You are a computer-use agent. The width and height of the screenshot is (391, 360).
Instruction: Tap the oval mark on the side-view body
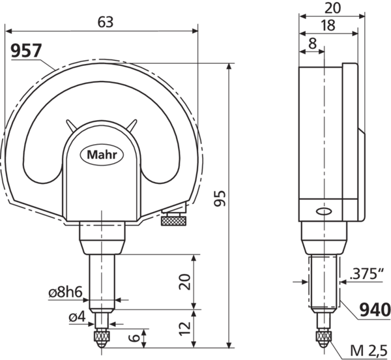click(321, 211)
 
